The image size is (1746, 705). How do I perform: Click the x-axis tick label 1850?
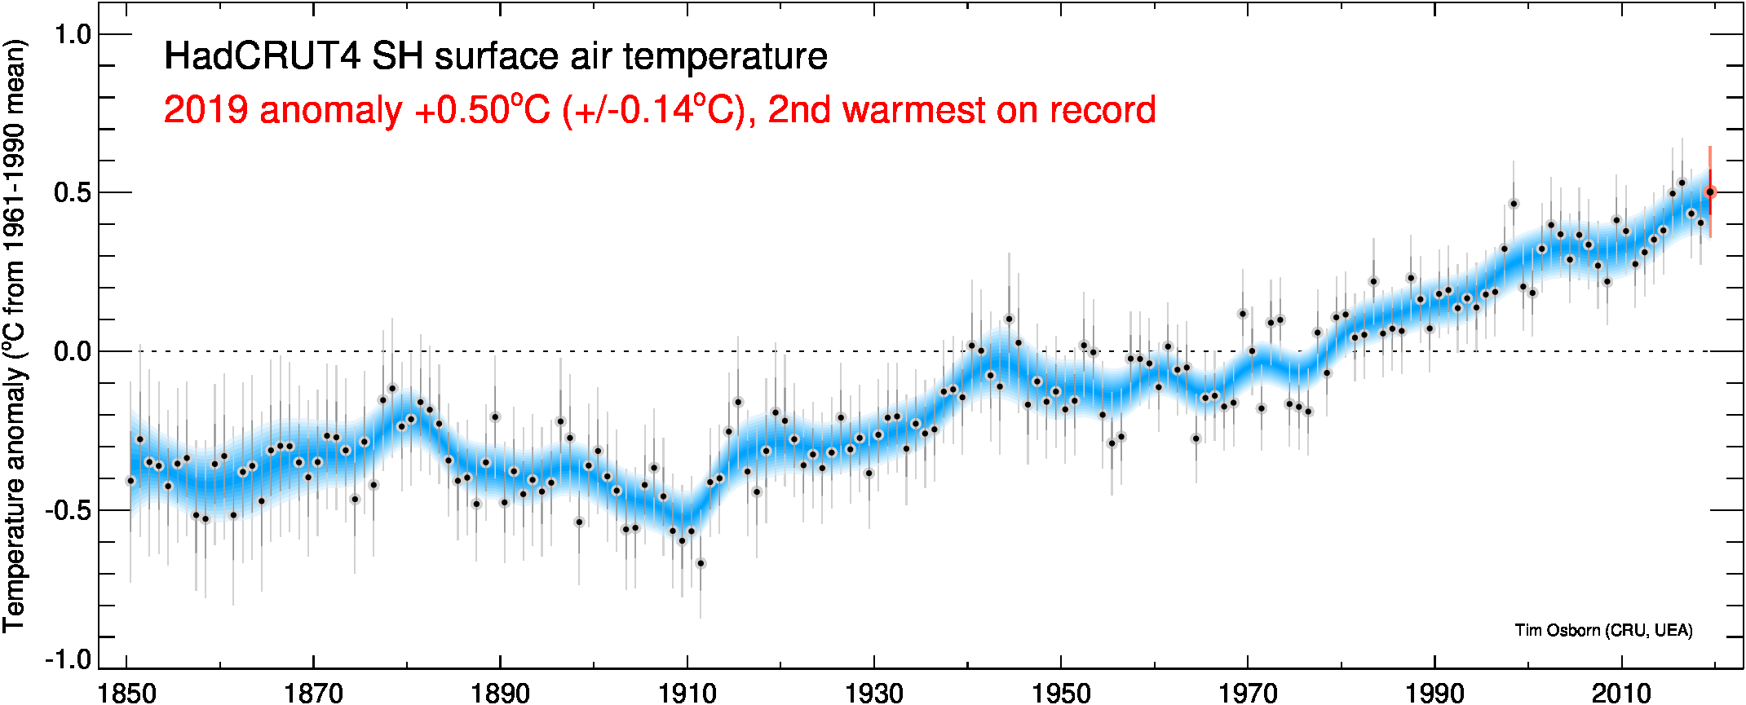126,693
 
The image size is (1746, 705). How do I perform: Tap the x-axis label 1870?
313,693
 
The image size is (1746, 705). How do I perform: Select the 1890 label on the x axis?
500,693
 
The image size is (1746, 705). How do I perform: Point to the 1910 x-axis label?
687,693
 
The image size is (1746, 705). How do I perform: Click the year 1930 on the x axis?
873,693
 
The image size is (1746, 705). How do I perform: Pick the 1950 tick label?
1060,693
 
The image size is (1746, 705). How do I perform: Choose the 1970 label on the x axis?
1247,693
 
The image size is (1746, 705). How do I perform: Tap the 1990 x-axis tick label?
1434,693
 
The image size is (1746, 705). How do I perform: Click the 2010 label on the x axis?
1621,693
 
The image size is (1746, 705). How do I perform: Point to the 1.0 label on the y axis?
72,35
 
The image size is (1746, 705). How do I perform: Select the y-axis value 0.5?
72,193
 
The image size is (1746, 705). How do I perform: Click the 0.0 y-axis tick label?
72,352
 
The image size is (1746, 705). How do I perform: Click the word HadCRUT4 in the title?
261,56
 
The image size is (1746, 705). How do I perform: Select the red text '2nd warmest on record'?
961,110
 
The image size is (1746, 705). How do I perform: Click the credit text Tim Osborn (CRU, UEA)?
1603,630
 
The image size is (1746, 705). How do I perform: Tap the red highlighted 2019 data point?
1710,192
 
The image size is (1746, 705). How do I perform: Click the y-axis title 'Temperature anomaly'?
15,497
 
